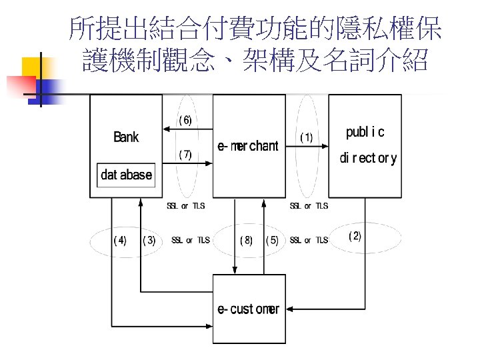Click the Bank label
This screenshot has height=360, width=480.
tap(126, 137)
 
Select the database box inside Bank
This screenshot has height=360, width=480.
tap(126, 175)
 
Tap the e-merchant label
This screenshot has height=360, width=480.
tap(248, 147)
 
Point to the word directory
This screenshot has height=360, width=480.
tap(368, 159)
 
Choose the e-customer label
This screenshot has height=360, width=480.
tap(248, 309)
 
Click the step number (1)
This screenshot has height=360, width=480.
tap(306, 137)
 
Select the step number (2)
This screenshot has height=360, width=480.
tap(355, 237)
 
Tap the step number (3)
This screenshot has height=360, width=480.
tap(149, 240)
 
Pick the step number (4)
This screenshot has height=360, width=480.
tap(120, 240)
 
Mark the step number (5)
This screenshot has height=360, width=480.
tap(272, 240)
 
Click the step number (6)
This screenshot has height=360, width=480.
tap(185, 121)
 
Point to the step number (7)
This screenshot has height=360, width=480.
tap(185, 155)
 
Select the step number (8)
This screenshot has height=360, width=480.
tap(246, 240)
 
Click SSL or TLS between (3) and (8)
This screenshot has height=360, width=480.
tap(191, 240)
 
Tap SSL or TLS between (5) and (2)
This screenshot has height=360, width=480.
tap(309, 240)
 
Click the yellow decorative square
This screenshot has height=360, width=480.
tap(37, 67)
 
